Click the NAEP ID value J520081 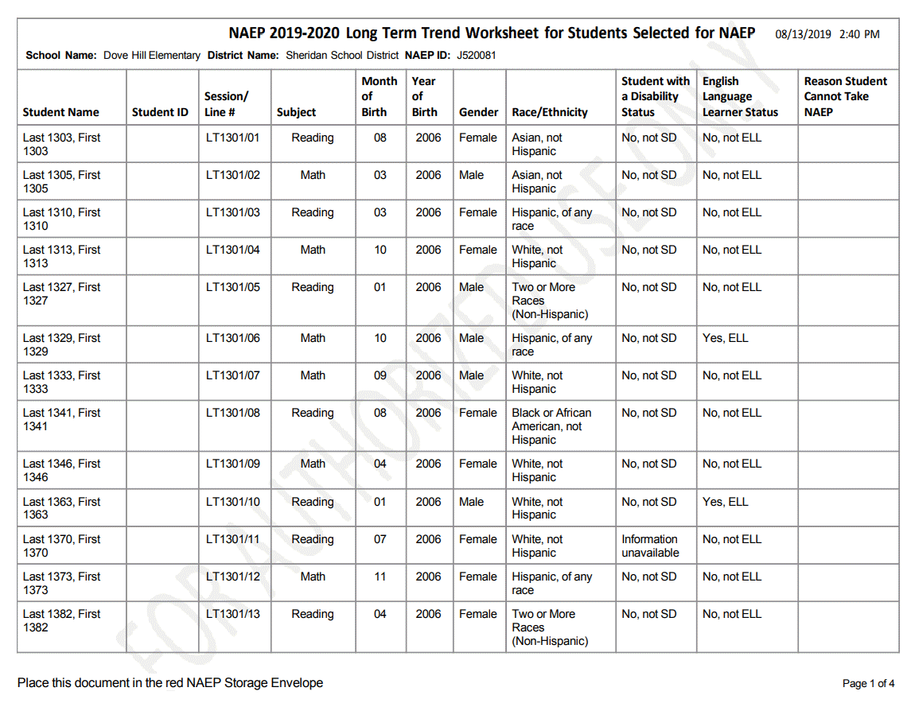[x=476, y=56]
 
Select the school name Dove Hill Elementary [x=151, y=56]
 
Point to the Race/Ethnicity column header [x=550, y=112]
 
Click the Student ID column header [x=160, y=112]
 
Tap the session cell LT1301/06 [x=232, y=338]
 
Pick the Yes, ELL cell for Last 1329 [x=725, y=338]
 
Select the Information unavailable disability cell [x=650, y=546]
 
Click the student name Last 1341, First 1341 [x=62, y=419]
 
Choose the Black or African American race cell [x=551, y=425]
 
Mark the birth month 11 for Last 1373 [x=380, y=577]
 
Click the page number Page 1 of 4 [x=868, y=683]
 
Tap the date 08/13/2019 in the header [x=804, y=34]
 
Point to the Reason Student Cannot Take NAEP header [x=845, y=96]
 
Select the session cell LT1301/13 [x=232, y=614]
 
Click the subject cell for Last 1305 [x=313, y=175]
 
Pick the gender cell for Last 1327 [x=471, y=287]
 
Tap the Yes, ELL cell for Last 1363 [x=725, y=502]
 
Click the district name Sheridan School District [x=342, y=56]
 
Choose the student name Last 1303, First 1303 [x=62, y=144]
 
